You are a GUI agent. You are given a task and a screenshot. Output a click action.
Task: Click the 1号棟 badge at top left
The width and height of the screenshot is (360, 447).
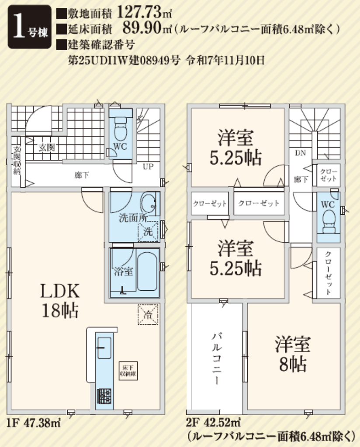pos(29,27)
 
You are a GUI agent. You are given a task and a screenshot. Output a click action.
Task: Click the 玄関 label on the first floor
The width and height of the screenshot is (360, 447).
pos(47,148)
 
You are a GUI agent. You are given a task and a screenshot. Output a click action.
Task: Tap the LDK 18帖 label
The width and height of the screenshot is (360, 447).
pos(60,300)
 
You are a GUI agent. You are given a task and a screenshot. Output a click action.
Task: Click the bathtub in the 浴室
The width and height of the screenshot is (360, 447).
pos(147,272)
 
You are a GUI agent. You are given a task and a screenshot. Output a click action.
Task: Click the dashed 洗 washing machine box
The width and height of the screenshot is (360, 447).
pos(148,231)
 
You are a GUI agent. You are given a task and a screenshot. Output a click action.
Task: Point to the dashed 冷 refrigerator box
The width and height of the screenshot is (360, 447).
pos(148,314)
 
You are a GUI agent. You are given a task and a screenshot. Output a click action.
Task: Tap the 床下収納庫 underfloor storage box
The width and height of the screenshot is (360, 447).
pos(128,371)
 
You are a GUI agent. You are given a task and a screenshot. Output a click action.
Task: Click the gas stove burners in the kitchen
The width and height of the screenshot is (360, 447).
pos(104,396)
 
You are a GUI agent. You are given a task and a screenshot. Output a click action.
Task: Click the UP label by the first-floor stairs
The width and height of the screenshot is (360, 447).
pos(148,166)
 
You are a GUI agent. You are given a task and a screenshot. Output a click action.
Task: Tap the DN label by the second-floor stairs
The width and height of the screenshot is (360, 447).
pos(301,153)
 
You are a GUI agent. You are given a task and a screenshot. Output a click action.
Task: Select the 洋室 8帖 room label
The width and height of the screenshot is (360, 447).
pos(293,354)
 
